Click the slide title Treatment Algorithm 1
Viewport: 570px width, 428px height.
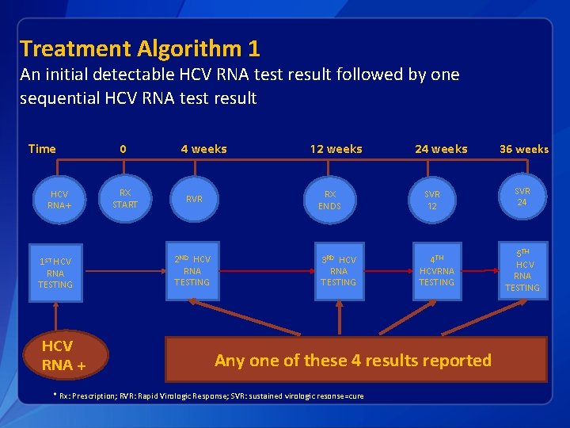pyautogui.click(x=139, y=49)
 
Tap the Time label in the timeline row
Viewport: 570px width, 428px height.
pyautogui.click(x=42, y=149)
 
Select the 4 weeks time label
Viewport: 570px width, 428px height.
pyautogui.click(x=203, y=149)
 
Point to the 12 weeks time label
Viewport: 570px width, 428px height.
pyautogui.click(x=336, y=149)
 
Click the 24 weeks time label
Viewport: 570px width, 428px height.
pyautogui.click(x=441, y=149)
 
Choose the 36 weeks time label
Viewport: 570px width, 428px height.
pyautogui.click(x=523, y=149)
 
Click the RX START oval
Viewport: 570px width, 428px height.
pyautogui.click(x=124, y=198)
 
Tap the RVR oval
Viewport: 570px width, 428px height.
pyautogui.click(x=194, y=200)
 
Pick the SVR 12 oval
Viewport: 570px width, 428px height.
pyautogui.click(x=431, y=200)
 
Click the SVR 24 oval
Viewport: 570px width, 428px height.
pyautogui.click(x=522, y=197)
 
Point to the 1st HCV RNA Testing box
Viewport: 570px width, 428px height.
pyautogui.click(x=55, y=273)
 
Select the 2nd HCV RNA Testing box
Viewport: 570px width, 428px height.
pyautogui.click(x=192, y=270)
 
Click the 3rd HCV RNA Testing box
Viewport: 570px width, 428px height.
pyautogui.click(x=338, y=270)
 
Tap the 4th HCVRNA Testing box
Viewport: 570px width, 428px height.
pyautogui.click(x=436, y=270)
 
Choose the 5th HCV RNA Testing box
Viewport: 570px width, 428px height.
pyautogui.click(x=522, y=270)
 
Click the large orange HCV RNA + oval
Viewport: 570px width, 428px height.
pyautogui.click(x=64, y=356)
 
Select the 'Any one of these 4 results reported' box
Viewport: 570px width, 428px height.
pyautogui.click(x=355, y=360)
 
